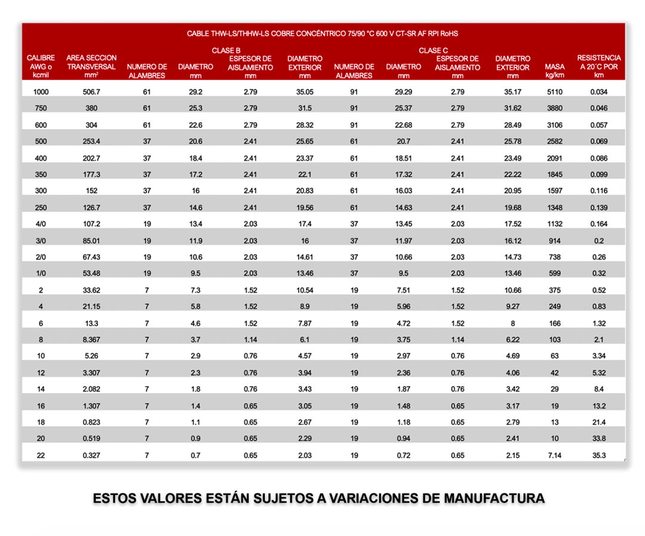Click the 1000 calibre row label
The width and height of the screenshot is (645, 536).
[40, 91]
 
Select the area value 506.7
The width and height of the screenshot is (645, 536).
[91, 91]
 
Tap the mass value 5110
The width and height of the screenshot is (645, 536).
[555, 91]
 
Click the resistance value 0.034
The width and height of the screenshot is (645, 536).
[598, 91]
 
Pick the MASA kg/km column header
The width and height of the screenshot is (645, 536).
[555, 71]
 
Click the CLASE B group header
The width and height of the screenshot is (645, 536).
[226, 50]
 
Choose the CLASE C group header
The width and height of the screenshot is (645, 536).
[433, 50]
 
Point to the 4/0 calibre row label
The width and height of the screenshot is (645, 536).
[40, 224]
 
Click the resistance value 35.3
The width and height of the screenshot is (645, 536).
[598, 455]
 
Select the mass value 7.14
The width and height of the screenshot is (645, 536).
[555, 455]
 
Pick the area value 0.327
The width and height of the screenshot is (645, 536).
[91, 455]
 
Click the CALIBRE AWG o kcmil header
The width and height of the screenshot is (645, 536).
[41, 66]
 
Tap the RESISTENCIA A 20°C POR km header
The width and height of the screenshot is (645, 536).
[598, 66]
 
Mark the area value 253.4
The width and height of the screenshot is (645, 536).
[91, 141]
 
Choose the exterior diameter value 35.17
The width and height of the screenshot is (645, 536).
[512, 91]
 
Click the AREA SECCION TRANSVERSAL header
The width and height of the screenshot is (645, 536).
[91, 66]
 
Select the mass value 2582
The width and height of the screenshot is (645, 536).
[555, 141]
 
